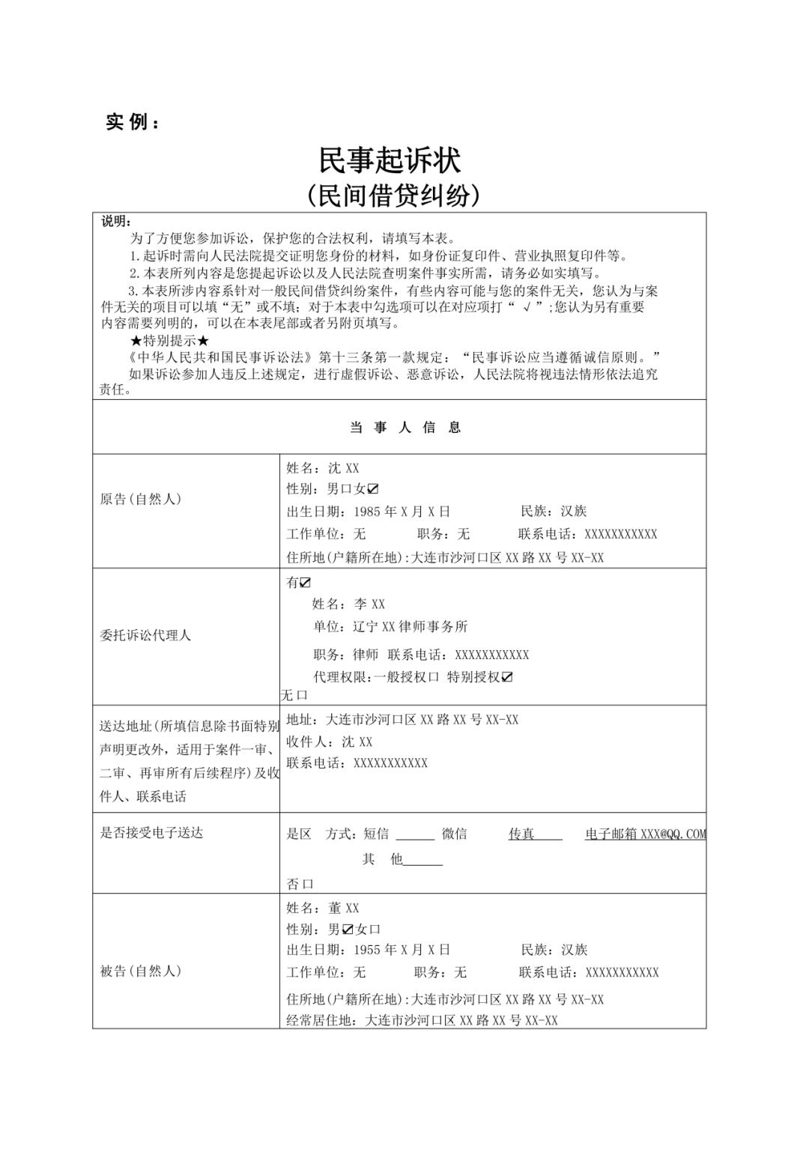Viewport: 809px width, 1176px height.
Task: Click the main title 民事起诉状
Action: coord(390,160)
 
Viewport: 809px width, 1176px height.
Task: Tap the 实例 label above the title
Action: coord(133,122)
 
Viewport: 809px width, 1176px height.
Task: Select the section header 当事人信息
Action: coord(405,428)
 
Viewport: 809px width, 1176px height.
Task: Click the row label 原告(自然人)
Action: coord(141,499)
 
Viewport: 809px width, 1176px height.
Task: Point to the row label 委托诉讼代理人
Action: coord(145,635)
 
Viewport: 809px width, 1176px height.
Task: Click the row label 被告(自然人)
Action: coord(141,971)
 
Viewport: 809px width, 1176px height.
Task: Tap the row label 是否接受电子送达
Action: coord(151,833)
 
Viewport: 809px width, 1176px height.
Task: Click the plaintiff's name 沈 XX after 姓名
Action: coord(344,468)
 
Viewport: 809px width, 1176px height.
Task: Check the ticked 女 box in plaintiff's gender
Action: coord(373,489)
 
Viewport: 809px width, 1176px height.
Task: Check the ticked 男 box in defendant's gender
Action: coord(348,930)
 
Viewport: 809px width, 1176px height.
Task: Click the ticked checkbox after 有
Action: coord(305,583)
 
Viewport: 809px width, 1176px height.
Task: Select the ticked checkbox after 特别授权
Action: coord(507,677)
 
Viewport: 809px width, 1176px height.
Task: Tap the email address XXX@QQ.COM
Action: coord(673,834)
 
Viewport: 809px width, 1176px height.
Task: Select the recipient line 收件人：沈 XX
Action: coord(329,742)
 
